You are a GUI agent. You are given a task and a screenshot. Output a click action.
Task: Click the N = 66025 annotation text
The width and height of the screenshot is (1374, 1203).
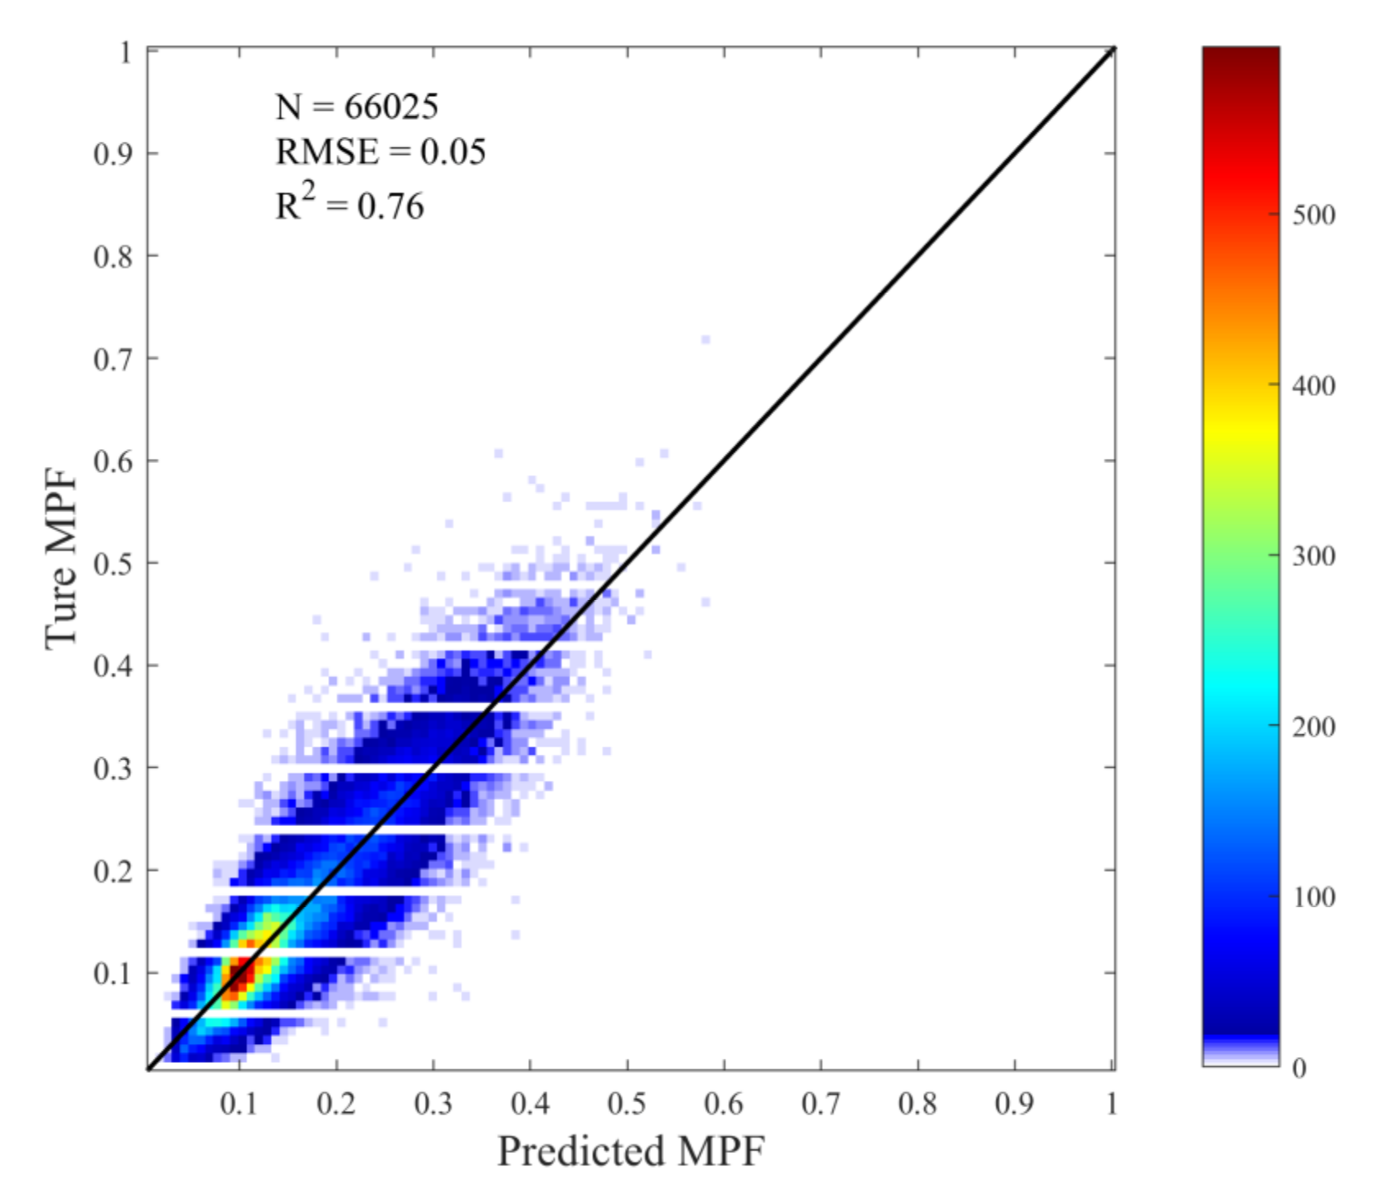click(357, 107)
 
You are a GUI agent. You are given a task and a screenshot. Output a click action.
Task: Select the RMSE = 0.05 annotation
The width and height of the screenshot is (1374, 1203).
click(380, 152)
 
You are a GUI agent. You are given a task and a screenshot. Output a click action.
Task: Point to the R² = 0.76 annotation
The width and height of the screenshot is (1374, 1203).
click(349, 204)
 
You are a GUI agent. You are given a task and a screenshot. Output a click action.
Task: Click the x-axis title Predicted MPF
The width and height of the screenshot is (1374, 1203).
click(630, 1151)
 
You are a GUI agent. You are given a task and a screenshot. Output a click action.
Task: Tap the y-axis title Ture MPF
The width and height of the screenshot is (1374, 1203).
click(61, 560)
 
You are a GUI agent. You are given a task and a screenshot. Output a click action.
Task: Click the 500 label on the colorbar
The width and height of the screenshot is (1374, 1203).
click(1313, 216)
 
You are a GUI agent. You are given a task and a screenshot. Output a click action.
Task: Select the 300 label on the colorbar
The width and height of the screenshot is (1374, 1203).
click(1313, 556)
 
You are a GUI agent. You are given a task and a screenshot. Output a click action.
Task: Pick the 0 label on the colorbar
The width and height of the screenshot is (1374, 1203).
click(1299, 1068)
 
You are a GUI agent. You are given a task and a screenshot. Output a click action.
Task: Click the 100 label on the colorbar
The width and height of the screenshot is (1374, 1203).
click(1313, 897)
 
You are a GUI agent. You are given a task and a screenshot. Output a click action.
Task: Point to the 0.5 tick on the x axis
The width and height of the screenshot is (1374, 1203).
click(626, 1104)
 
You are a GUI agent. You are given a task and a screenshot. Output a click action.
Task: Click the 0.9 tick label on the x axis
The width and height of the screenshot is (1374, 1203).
click(1014, 1104)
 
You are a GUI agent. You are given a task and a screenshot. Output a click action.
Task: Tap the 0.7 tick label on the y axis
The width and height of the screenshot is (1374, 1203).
click(112, 359)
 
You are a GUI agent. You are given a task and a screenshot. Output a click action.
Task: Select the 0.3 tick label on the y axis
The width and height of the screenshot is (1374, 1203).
click(112, 769)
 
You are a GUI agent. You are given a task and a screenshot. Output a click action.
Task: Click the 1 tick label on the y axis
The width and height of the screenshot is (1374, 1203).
click(125, 53)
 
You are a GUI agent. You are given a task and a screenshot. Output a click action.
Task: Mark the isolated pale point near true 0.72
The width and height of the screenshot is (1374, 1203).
click(705, 339)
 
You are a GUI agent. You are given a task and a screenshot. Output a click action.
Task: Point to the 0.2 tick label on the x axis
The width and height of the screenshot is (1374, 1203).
click(335, 1104)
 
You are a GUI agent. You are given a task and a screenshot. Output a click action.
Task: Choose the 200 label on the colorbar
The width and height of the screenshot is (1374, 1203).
click(1313, 727)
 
